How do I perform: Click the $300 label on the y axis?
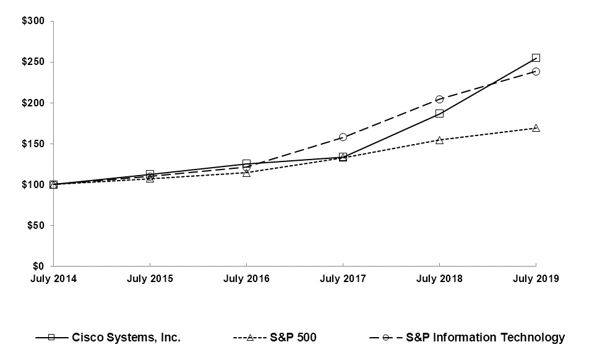point(33,21)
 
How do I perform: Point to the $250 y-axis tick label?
point(33,62)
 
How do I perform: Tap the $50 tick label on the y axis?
point(36,225)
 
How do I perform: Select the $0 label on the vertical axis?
point(38,266)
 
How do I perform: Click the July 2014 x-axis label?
point(53,279)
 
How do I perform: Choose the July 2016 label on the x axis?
point(246,279)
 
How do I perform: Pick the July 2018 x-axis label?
point(439,279)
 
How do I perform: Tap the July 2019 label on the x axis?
point(536,279)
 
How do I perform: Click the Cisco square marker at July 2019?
point(536,58)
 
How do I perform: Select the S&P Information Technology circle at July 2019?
point(536,71)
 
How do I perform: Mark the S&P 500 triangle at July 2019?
point(536,128)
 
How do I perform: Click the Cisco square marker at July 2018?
point(439,113)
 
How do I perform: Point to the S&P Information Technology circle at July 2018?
point(439,99)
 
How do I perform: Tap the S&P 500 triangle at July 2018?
point(439,140)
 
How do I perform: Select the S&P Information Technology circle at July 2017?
point(343,137)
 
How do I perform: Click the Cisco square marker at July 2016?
point(246,163)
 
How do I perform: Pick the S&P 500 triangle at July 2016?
point(246,173)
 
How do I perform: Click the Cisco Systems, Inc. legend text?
point(126,338)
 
